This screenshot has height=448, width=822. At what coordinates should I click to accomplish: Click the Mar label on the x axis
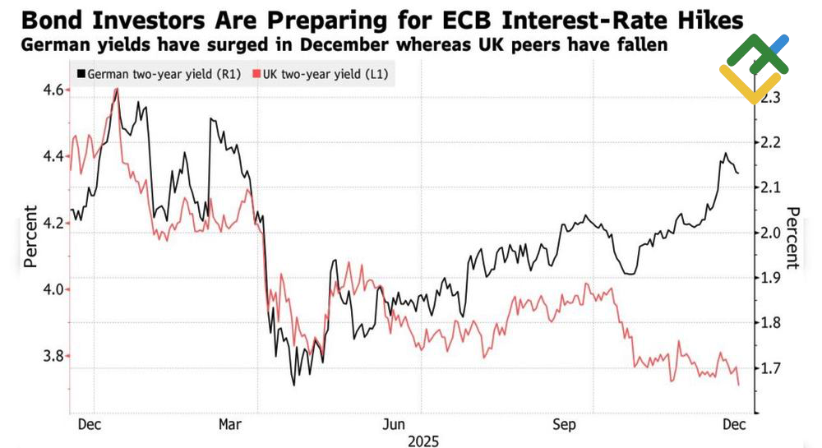pyautogui.click(x=231, y=424)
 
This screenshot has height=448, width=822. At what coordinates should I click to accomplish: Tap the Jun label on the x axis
pyautogui.click(x=395, y=424)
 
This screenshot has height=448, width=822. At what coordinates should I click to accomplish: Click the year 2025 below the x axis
pyautogui.click(x=423, y=441)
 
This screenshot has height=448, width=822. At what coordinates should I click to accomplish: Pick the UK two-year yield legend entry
pyautogui.click(x=323, y=75)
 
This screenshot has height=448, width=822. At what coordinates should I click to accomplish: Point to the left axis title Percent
pyautogui.click(x=30, y=236)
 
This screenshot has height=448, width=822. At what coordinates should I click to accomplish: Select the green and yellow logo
pyautogui.click(x=753, y=68)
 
